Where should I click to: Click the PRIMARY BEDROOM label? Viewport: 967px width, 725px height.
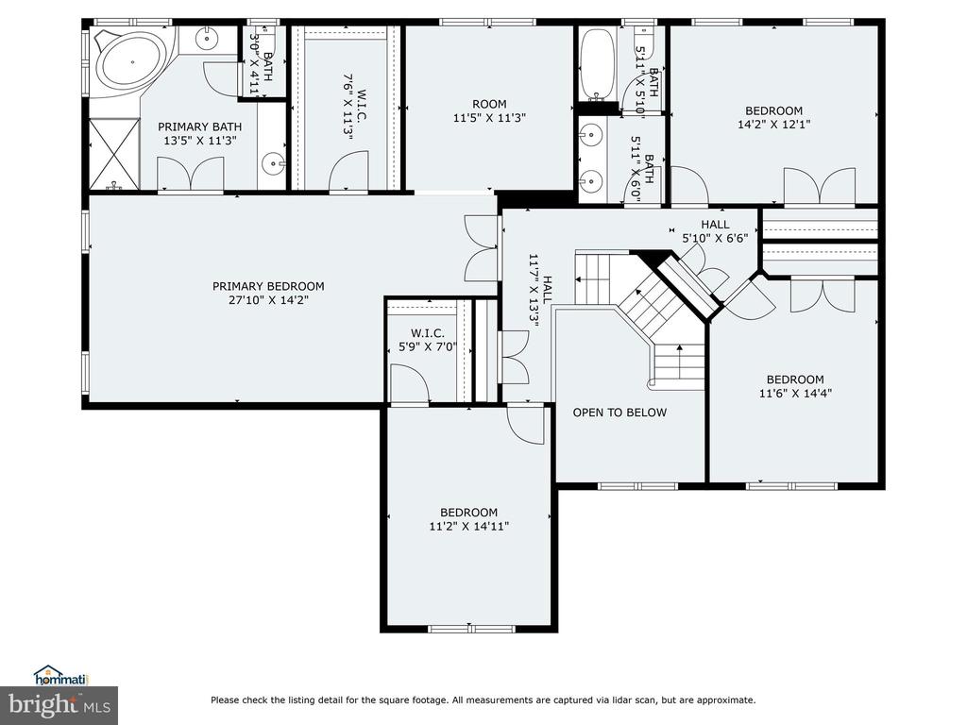(268, 286)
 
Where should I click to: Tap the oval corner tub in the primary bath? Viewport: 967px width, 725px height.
(132, 62)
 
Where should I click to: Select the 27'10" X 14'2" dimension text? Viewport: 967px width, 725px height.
(268, 300)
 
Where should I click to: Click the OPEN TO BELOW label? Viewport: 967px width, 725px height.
(619, 413)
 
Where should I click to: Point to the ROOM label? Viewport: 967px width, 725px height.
(490, 104)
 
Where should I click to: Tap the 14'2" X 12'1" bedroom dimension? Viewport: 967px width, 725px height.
(774, 124)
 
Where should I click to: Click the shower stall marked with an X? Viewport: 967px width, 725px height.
(114, 154)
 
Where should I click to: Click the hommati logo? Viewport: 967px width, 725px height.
(61, 676)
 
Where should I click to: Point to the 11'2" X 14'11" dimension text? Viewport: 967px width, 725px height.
(468, 527)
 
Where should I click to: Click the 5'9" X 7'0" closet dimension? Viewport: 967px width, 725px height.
(428, 347)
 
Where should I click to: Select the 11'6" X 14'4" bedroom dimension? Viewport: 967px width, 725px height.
(795, 394)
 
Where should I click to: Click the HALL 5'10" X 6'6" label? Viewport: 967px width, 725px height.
(716, 231)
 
